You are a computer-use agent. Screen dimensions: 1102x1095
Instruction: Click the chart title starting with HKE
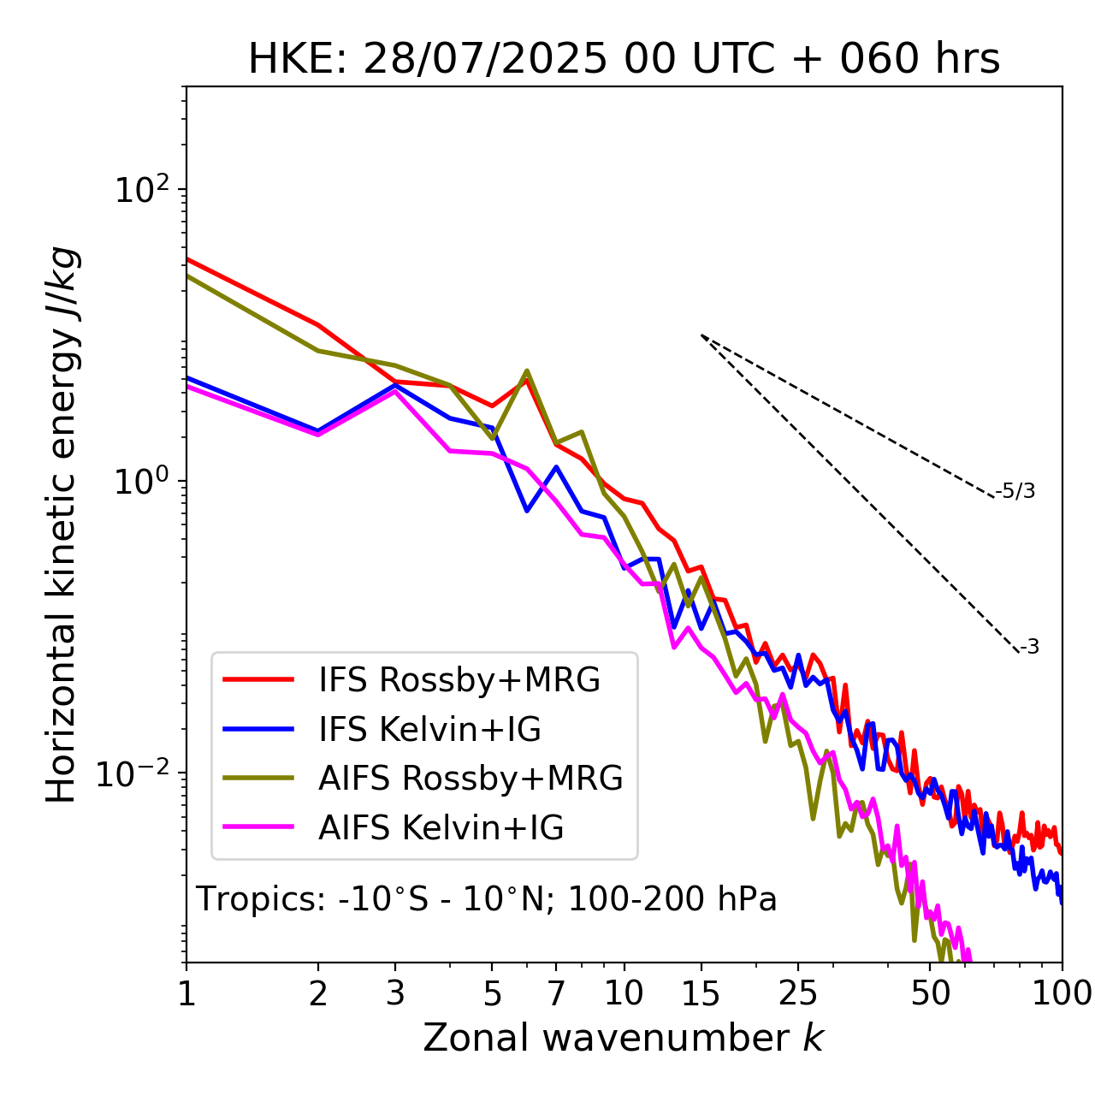pyautogui.click(x=624, y=59)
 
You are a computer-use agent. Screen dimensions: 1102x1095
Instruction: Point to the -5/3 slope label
pyautogui.click(x=1015, y=491)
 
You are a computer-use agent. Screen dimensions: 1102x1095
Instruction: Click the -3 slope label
pyautogui.click(x=1029, y=648)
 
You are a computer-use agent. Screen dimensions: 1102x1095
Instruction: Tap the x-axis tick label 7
pyautogui.click(x=556, y=993)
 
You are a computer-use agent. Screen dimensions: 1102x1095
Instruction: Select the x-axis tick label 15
pyautogui.click(x=701, y=993)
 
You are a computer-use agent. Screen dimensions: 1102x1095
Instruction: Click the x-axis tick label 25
pyautogui.click(x=798, y=993)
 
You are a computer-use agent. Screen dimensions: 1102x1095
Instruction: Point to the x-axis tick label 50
pyautogui.click(x=931, y=993)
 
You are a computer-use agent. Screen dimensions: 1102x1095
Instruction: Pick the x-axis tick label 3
pyautogui.click(x=395, y=993)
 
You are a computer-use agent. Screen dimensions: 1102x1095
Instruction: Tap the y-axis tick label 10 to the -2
pyautogui.click(x=133, y=773)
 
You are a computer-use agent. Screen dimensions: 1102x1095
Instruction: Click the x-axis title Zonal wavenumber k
pyautogui.click(x=624, y=1039)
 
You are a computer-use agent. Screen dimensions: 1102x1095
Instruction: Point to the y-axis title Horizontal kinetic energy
pyautogui.click(x=62, y=524)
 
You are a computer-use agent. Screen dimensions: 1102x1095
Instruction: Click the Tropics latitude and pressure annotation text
pyautogui.click(x=487, y=900)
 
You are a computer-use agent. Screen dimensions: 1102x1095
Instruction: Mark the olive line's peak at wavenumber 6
pyautogui.click(x=527, y=370)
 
